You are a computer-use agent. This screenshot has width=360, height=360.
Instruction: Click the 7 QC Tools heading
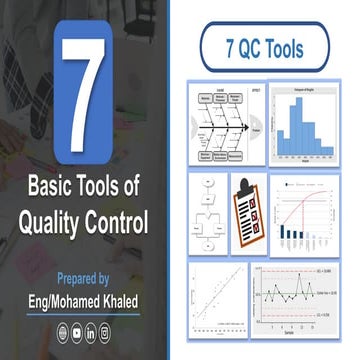(x=267, y=48)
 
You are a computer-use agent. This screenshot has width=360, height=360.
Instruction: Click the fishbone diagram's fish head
(x=256, y=129)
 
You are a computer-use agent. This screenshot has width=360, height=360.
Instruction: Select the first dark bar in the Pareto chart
(x=284, y=232)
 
